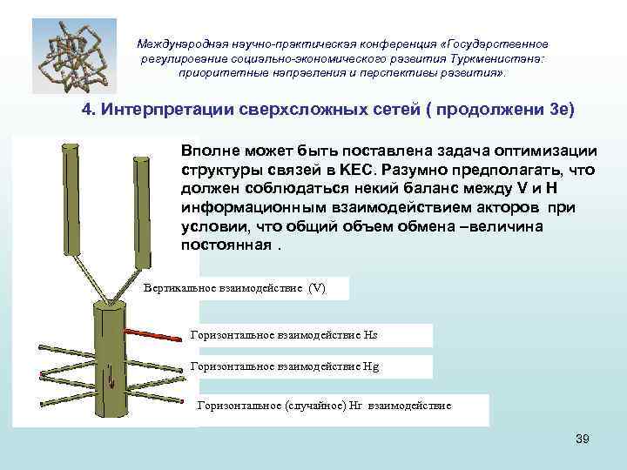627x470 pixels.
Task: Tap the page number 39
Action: click(x=583, y=439)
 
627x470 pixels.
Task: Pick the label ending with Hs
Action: click(x=284, y=335)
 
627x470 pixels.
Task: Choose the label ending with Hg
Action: click(x=284, y=366)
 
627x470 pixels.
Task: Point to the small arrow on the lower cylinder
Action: click(x=111, y=376)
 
